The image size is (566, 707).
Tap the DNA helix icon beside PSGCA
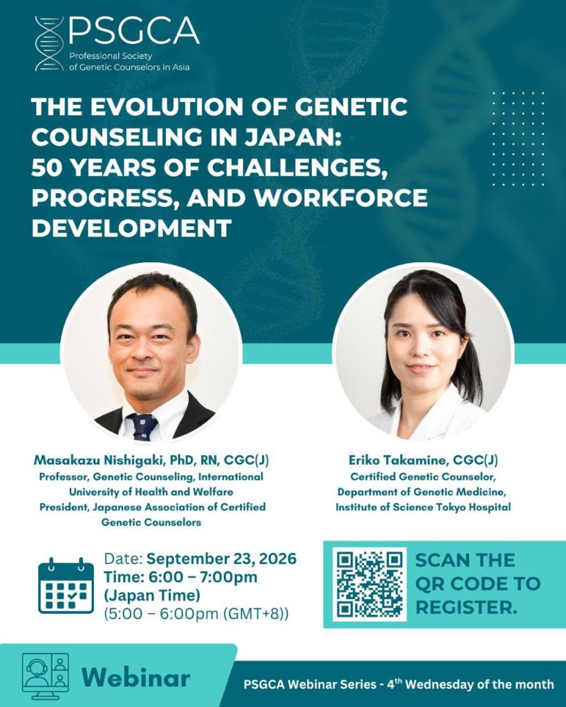point(49,43)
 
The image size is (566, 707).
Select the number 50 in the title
point(48,167)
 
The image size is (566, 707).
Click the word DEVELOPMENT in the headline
point(131,228)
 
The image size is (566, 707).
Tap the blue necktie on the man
point(143,427)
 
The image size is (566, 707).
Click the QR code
point(370,584)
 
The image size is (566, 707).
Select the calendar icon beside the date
point(66,585)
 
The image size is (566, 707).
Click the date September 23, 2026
point(222,559)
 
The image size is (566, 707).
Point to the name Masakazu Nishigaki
point(100,461)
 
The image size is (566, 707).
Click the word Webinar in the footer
point(136,677)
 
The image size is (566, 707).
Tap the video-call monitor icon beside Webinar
point(46,676)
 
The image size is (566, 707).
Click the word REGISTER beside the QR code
point(466,608)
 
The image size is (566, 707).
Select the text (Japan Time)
point(151,596)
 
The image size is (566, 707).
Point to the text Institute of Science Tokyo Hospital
point(423,507)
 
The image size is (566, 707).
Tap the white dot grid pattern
point(518,138)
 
